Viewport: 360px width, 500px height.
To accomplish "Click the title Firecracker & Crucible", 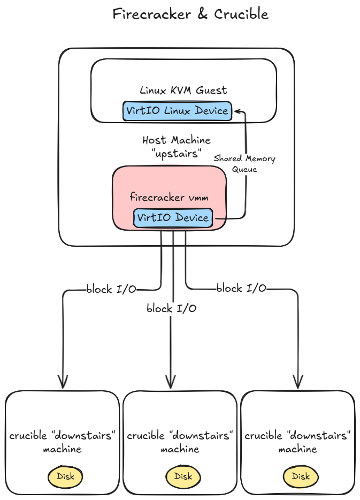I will click(x=190, y=14).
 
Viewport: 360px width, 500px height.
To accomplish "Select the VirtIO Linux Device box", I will click(x=177, y=111).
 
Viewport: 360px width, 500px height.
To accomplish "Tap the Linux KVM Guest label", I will click(x=183, y=90).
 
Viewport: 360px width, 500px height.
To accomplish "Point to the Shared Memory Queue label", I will click(x=244, y=164).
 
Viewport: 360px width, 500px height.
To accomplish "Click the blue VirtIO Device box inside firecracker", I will click(x=172, y=218).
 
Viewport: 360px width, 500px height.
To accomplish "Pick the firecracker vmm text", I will click(x=169, y=197).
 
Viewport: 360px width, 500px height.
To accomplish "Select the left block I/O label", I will click(x=111, y=290).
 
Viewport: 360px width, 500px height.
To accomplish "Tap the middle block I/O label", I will click(x=171, y=308).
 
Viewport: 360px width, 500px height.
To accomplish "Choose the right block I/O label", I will click(x=241, y=289).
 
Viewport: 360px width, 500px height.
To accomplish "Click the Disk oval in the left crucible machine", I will click(x=65, y=476).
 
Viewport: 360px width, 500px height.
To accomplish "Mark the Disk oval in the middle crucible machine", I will click(x=183, y=476).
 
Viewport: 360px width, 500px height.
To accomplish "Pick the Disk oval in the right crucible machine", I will click(x=301, y=476).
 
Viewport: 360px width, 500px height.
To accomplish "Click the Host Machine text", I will click(x=176, y=140).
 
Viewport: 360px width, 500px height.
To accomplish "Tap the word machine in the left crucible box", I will click(x=62, y=449).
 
